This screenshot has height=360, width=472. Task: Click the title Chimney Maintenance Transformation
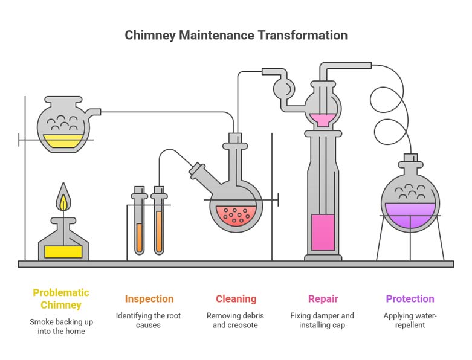236,35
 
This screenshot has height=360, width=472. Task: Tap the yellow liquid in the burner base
63,251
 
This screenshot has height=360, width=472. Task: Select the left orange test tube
140,237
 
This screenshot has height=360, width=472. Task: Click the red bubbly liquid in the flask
235,214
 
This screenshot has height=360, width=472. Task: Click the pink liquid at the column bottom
323,232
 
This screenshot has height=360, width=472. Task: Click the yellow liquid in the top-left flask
63,141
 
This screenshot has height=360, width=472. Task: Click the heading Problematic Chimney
61,298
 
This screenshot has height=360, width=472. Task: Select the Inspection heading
149,299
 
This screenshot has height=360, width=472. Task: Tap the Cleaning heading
236,299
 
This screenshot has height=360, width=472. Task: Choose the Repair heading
323,299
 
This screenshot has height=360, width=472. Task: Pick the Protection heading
410,299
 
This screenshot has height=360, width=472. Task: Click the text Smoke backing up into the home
61,327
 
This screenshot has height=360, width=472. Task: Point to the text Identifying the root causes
149,320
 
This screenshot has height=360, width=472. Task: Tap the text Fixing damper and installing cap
323,320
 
